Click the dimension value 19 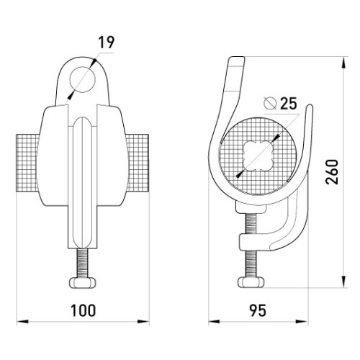[x=107, y=42]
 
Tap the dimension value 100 [x=83, y=310]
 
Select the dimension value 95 [x=258, y=310]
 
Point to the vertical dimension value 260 [x=332, y=171]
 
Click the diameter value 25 [x=289, y=104]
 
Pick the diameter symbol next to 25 [x=270, y=103]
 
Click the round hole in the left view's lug [x=83, y=79]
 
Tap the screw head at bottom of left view [x=83, y=282]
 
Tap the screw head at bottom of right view [x=251, y=282]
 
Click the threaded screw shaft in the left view [x=83, y=264]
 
